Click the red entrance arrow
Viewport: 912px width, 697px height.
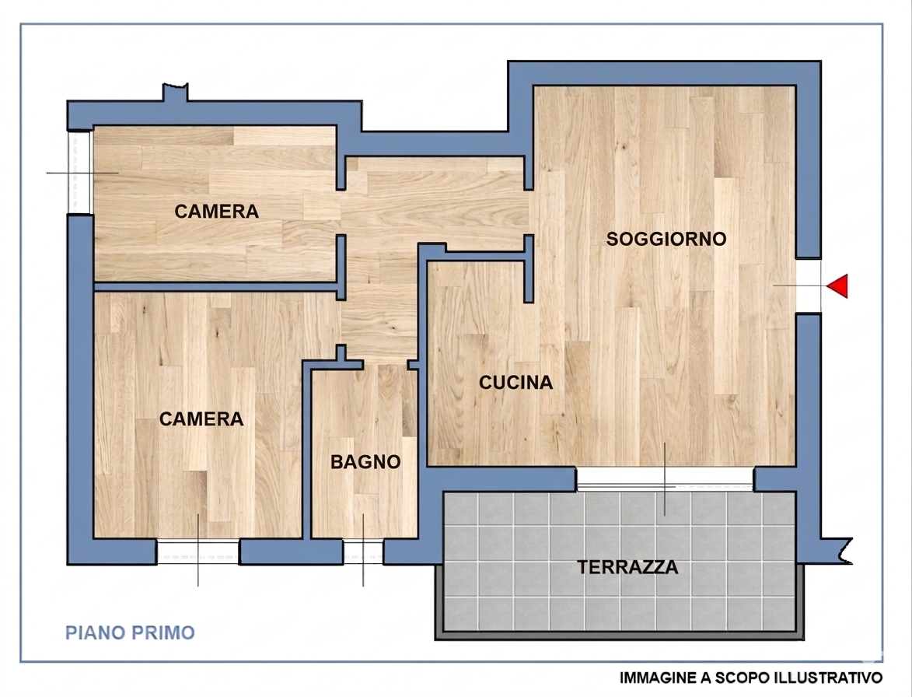coord(837,286)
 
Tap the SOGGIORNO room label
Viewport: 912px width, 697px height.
coord(666,239)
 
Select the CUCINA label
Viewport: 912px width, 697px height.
coord(515,383)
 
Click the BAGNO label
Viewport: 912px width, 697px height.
coord(365,462)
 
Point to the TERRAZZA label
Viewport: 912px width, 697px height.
coord(627,567)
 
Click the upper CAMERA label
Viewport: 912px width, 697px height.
coord(216,212)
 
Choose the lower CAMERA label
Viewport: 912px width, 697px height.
coord(201,419)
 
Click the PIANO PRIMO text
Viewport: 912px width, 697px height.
coord(130,632)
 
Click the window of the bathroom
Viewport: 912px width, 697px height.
coord(363,552)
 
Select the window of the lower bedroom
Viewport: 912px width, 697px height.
coord(197,552)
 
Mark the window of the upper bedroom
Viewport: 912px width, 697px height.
coord(80,172)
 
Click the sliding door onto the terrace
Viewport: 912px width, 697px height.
coord(665,479)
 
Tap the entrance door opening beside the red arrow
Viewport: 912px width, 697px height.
coord(809,285)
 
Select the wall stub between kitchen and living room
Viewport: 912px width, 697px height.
coord(529,269)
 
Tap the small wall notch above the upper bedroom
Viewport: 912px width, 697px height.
coord(175,92)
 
